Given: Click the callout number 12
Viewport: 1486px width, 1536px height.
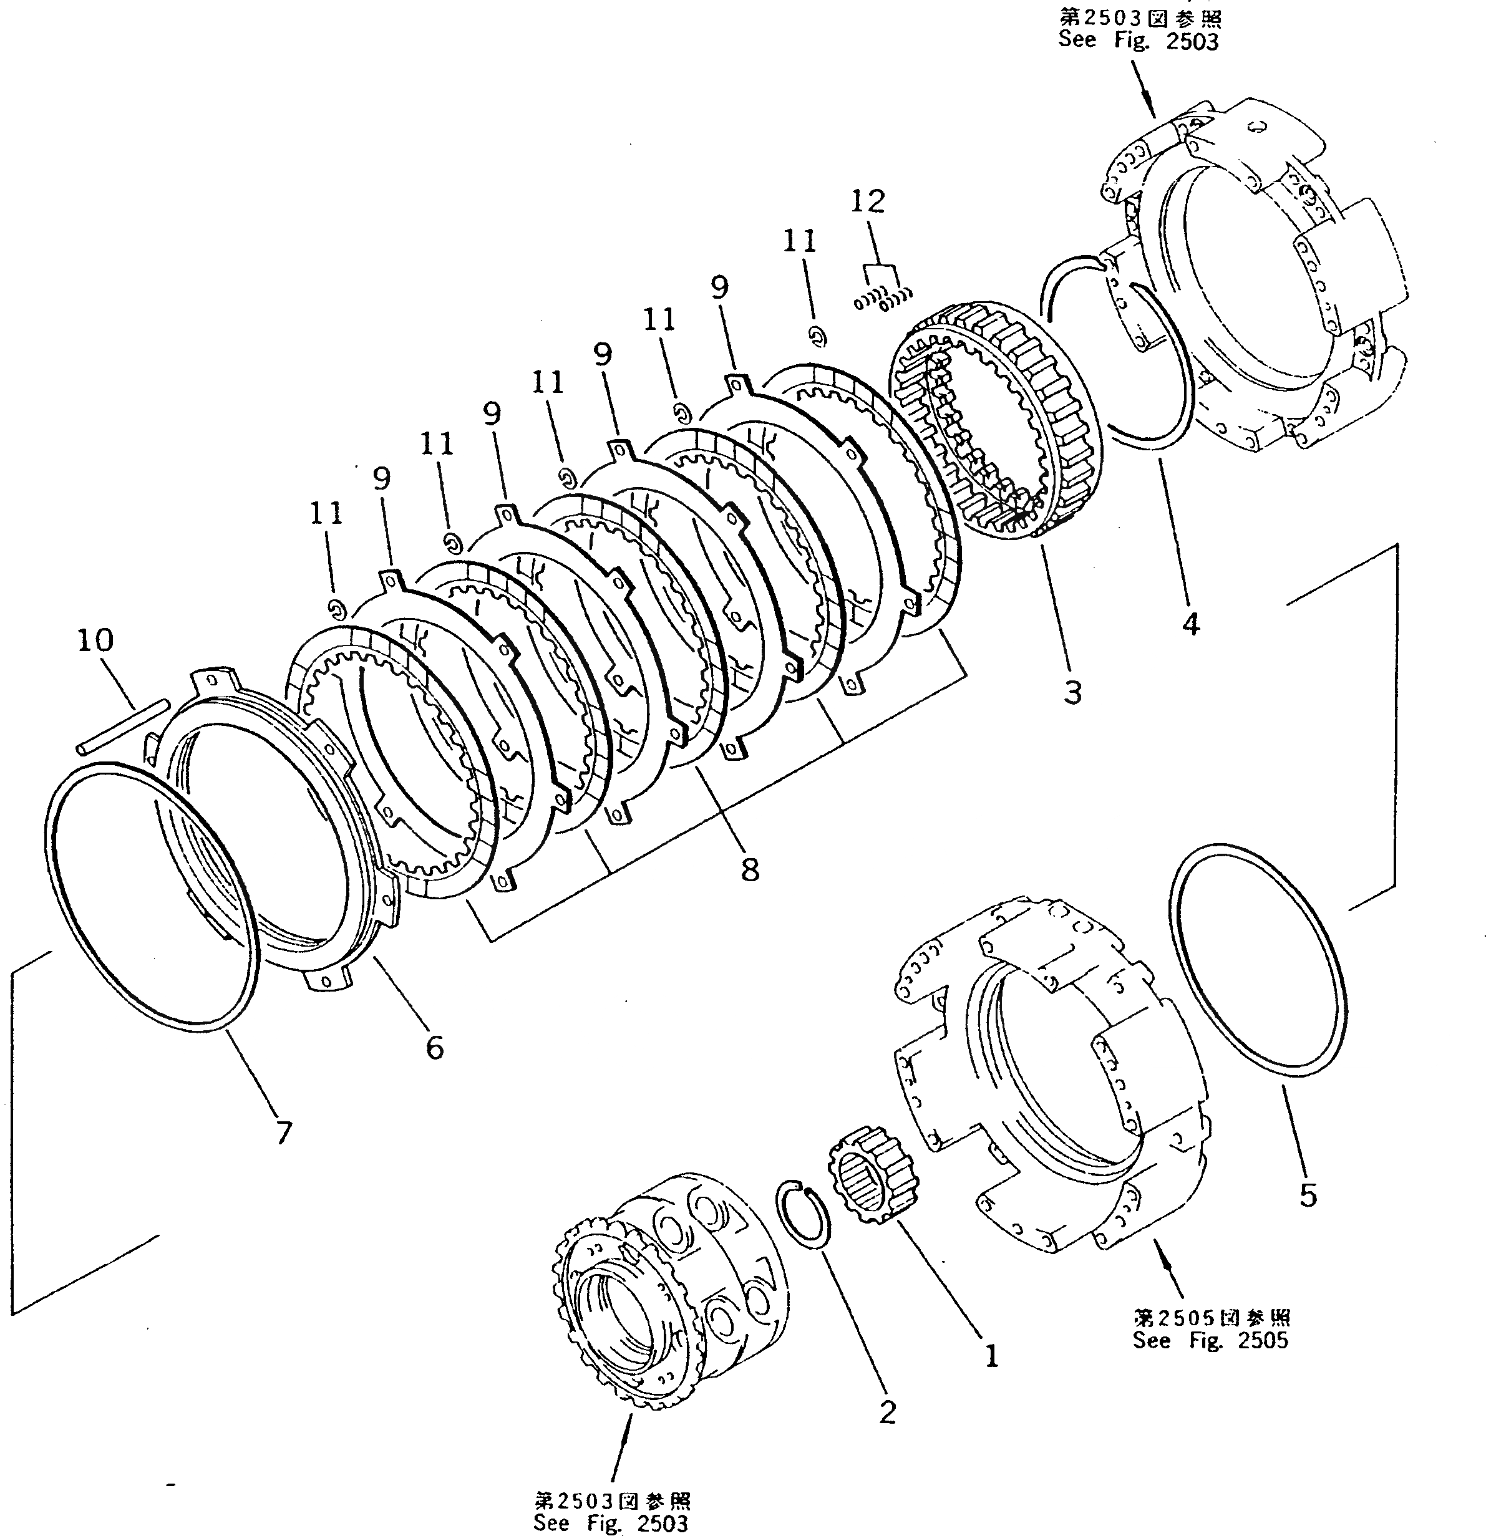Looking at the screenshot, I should click(868, 201).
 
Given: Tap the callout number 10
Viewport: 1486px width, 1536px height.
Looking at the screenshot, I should click(95, 640).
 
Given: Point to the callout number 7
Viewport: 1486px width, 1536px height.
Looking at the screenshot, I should click(283, 1133).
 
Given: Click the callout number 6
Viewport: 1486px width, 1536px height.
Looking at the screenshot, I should click(434, 1047).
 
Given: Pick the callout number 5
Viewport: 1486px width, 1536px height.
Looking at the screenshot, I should click(1308, 1195).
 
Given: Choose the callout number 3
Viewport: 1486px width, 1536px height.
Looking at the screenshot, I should click(1072, 692).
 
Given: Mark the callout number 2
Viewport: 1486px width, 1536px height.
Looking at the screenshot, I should click(886, 1412).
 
